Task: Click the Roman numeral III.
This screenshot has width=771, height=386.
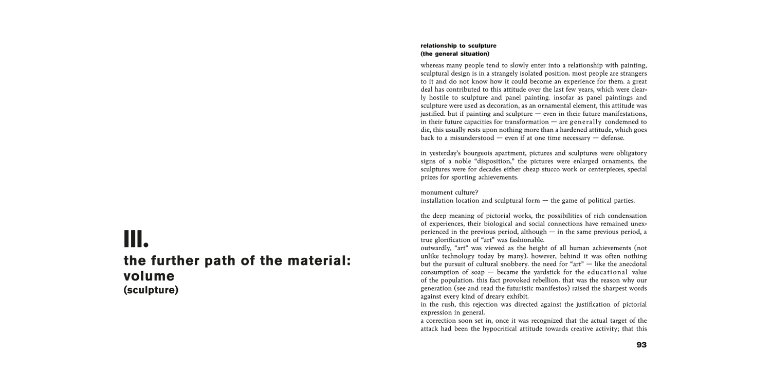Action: pos(136,239)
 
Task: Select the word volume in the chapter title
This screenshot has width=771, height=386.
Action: pos(149,276)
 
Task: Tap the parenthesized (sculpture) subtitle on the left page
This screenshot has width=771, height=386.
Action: pos(151,290)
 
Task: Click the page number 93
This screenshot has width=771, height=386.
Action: pos(641,345)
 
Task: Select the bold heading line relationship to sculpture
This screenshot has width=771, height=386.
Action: pos(458,45)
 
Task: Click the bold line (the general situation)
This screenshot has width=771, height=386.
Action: pos(455,54)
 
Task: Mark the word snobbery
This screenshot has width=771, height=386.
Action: pos(529,264)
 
